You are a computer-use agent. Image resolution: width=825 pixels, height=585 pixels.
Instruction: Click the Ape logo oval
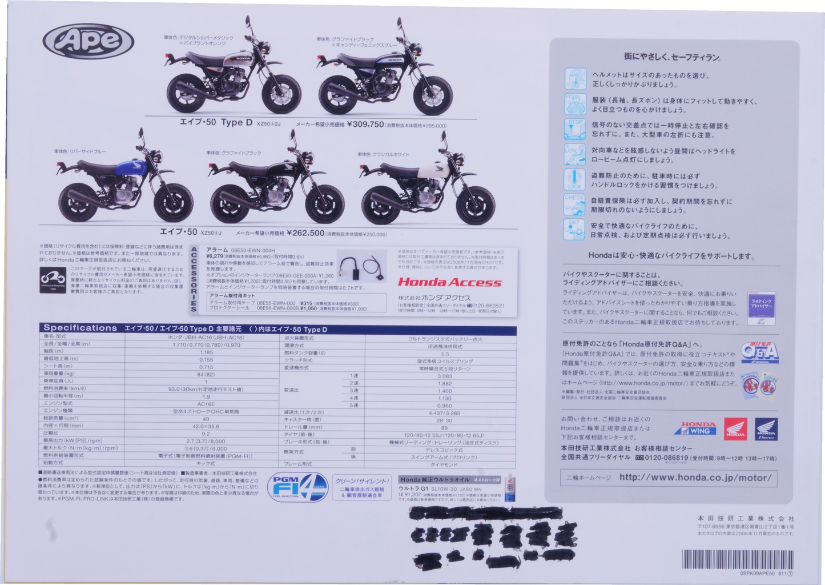click(x=88, y=41)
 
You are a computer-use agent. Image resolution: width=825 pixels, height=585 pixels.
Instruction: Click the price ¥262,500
click(x=305, y=233)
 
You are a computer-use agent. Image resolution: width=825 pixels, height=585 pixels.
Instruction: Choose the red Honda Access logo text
click(x=449, y=282)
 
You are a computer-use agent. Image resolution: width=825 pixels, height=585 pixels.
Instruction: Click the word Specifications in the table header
click(x=81, y=328)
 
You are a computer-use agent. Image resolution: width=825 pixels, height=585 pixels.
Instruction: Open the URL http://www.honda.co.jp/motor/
click(x=695, y=478)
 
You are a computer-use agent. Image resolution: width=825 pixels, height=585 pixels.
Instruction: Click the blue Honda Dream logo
click(x=766, y=428)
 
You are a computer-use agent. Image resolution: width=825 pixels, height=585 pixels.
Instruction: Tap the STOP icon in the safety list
click(x=574, y=129)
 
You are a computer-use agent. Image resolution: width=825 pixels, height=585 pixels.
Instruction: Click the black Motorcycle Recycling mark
click(x=53, y=280)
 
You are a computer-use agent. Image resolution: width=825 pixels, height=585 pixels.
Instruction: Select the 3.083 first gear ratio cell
click(x=444, y=376)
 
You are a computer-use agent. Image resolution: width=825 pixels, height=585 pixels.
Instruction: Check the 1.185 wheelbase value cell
click(x=206, y=352)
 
